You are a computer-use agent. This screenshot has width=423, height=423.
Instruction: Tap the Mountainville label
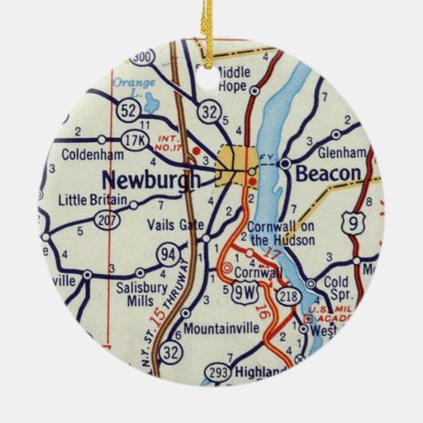click(x=209, y=328)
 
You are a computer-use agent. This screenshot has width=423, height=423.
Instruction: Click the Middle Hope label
click(x=233, y=78)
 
